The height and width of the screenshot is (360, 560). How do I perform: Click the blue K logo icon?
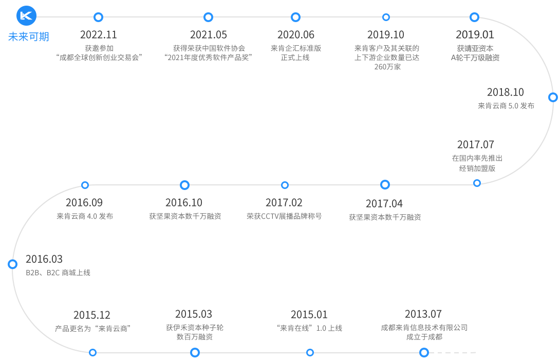(x=27, y=16)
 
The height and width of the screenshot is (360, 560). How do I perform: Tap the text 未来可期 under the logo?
(x=29, y=36)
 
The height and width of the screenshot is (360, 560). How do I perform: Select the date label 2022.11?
(x=99, y=35)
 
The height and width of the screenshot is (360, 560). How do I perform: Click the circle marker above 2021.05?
(x=208, y=17)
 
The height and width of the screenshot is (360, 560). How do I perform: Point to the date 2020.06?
(x=295, y=35)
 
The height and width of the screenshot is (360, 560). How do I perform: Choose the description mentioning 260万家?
(x=387, y=58)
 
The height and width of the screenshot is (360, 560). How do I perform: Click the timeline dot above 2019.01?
(x=474, y=17)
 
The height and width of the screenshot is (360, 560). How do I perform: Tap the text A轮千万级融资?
(x=475, y=58)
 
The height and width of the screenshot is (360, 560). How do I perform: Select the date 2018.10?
(x=506, y=92)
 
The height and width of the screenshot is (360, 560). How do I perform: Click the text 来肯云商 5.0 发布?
(x=506, y=106)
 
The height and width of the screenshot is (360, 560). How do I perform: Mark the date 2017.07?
(x=476, y=145)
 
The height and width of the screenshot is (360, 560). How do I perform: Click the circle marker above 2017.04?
(x=385, y=184)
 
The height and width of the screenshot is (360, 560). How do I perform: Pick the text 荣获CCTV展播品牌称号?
(x=284, y=216)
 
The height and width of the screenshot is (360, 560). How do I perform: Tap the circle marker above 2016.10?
(x=185, y=185)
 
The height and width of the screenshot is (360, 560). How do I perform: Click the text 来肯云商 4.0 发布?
(x=85, y=216)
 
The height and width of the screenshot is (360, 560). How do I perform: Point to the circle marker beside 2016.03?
(x=13, y=264)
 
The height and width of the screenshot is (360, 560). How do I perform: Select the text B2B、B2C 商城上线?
(x=58, y=273)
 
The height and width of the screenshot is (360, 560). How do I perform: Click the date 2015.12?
(x=92, y=315)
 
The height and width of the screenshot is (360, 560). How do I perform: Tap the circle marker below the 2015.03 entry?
(x=195, y=352)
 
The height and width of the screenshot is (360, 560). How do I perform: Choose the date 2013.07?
(x=423, y=314)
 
